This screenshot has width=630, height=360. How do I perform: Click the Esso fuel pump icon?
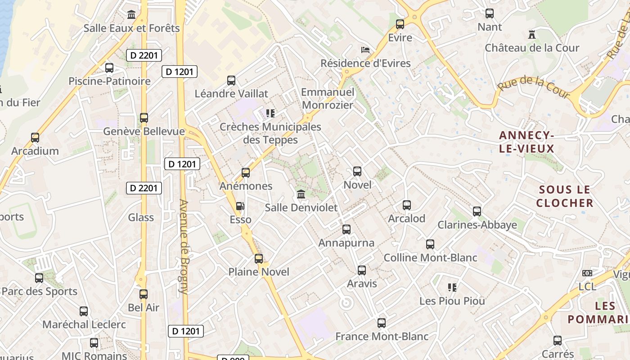click(x=241, y=206)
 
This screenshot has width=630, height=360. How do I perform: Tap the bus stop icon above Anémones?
click(x=246, y=172)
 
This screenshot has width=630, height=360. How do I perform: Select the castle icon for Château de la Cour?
click(x=532, y=34)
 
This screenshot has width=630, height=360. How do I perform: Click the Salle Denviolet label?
click(x=301, y=207)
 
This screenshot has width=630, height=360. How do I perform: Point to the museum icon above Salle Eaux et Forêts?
click(x=131, y=15)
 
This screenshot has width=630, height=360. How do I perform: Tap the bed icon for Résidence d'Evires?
click(x=365, y=49)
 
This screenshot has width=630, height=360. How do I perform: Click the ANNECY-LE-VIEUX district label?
click(x=526, y=141)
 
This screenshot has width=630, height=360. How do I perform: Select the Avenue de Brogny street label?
click(x=184, y=246)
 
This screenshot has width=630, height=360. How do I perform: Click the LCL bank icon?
click(x=587, y=273)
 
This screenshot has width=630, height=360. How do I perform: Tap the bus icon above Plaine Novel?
click(x=259, y=258)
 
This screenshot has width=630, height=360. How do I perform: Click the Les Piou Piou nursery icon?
click(x=452, y=287)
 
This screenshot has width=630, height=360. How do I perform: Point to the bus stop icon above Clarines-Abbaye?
click(x=477, y=211)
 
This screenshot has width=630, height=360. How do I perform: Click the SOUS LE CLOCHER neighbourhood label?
click(x=565, y=196)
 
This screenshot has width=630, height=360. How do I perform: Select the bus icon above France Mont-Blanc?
click(x=382, y=323)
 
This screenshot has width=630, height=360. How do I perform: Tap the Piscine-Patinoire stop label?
click(x=109, y=81)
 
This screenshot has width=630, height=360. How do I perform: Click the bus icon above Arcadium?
click(x=35, y=137)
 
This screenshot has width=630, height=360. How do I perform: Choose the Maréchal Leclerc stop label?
click(x=84, y=324)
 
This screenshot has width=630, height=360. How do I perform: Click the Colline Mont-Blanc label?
click(x=430, y=258)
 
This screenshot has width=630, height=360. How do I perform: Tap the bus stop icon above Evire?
click(x=400, y=24)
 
